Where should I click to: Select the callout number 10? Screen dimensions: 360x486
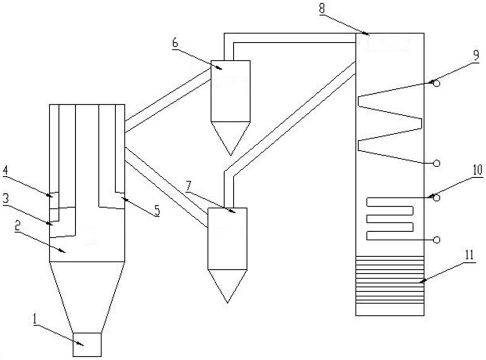[x=476, y=170]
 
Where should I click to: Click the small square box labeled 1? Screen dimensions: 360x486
[x=87, y=344]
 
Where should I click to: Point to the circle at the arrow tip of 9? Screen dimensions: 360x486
[x=437, y=84]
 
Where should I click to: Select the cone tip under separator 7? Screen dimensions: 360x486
[x=227, y=302]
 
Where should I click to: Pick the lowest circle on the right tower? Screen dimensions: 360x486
[x=437, y=240]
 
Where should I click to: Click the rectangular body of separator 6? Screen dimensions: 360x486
[x=230, y=90]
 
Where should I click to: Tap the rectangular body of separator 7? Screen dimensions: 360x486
[x=227, y=238]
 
